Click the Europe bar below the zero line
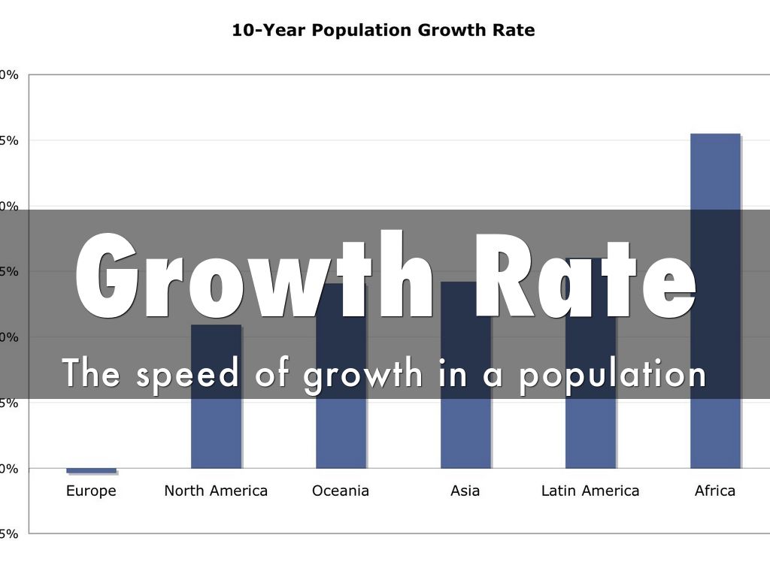click(x=91, y=470)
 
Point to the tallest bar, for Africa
click(x=715, y=173)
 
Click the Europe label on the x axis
click(x=91, y=491)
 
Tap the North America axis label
click(x=216, y=491)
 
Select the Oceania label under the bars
click(x=341, y=491)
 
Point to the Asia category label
click(x=465, y=491)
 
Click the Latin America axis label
click(x=590, y=491)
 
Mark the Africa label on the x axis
click(x=715, y=491)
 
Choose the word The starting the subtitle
click(x=91, y=373)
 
